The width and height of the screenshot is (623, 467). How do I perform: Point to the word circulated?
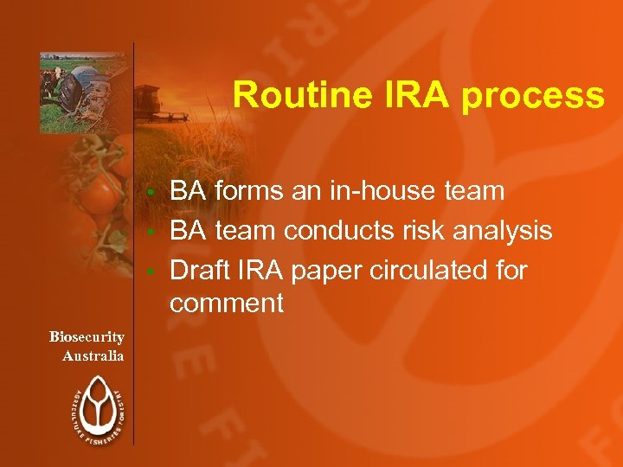point(433,270)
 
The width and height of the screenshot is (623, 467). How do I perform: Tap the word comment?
point(227,303)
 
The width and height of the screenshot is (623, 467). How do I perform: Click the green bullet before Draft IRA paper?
point(151,272)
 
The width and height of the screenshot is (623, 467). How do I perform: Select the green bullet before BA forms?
point(151,191)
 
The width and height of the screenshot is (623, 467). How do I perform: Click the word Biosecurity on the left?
point(87,336)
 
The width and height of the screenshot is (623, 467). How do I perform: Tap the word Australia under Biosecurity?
point(93,355)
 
